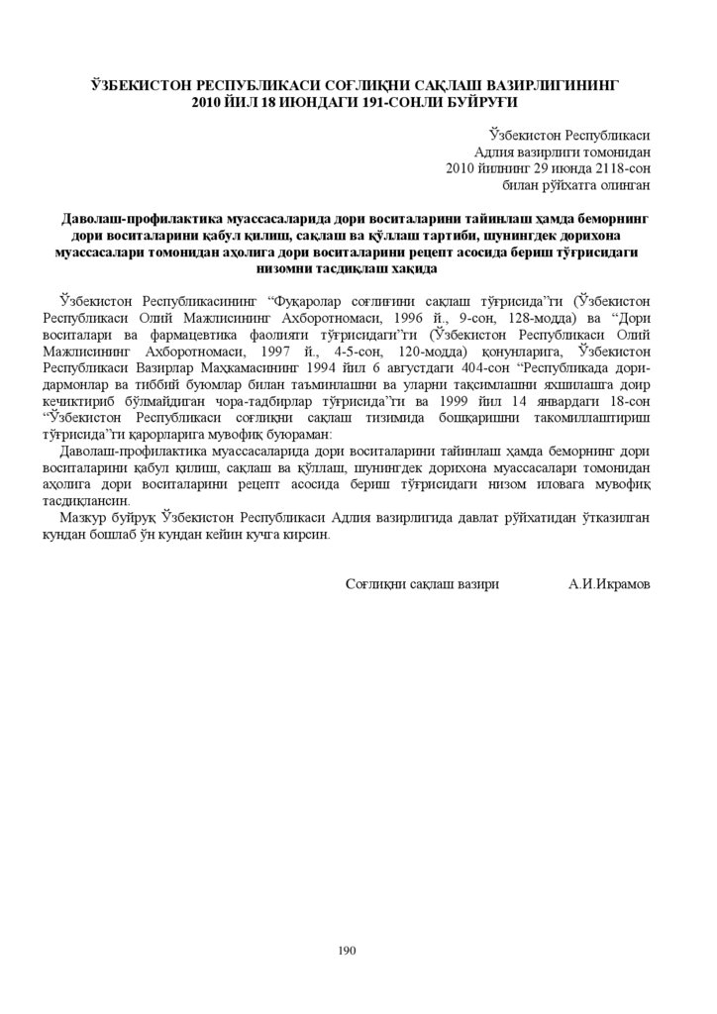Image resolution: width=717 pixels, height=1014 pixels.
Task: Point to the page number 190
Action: tap(347, 950)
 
